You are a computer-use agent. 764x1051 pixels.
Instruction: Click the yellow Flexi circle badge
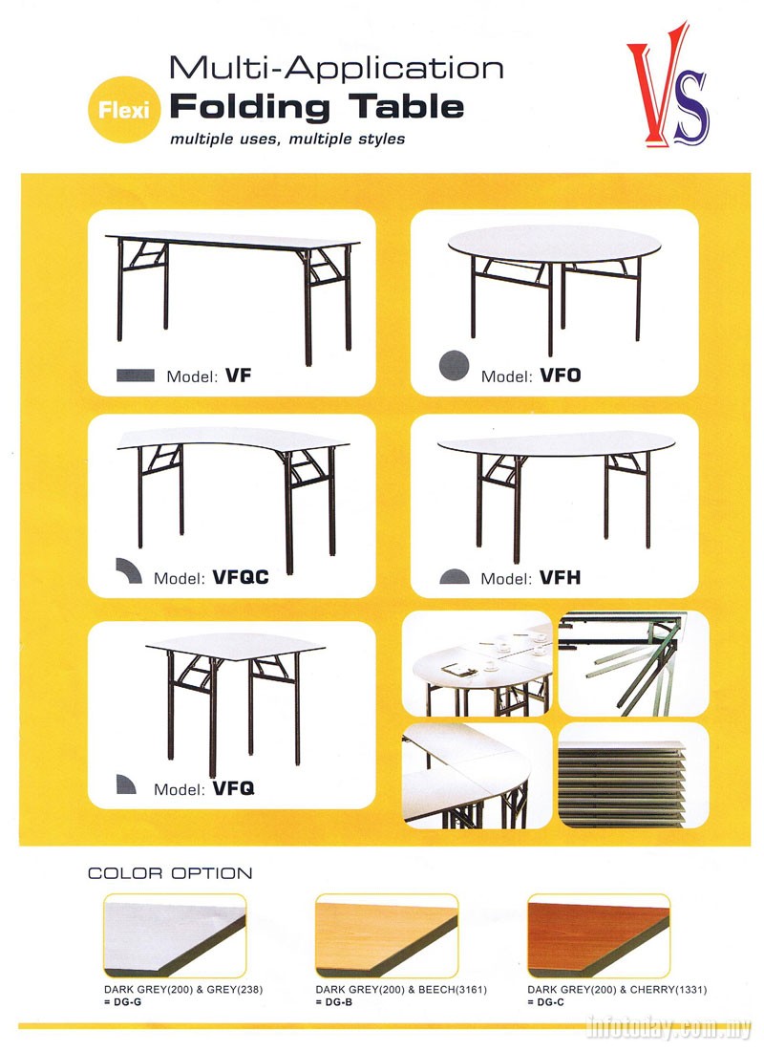tap(124, 109)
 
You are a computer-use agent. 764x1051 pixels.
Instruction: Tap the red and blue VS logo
tap(668, 84)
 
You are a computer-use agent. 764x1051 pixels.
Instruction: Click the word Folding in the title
tap(250, 107)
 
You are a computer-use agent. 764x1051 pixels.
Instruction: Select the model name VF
tap(239, 375)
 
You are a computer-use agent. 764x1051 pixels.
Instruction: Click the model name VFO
tap(561, 375)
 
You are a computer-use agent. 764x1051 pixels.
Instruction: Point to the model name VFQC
tap(240, 577)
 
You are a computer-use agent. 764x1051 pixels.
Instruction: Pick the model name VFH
tap(561, 577)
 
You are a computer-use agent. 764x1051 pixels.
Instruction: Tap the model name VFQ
tap(233, 788)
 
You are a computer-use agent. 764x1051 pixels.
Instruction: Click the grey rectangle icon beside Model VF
tap(136, 375)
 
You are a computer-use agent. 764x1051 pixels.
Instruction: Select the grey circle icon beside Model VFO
tap(454, 365)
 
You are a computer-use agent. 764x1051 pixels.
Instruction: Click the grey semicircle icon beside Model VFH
tap(455, 576)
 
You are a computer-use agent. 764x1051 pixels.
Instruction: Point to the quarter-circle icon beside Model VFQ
tap(125, 784)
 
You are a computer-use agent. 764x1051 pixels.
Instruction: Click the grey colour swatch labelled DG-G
tap(175, 935)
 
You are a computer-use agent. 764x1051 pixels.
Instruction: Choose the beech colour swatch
tap(387, 935)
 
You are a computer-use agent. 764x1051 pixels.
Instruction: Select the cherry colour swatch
tap(599, 935)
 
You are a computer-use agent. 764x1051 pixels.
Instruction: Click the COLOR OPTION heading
tap(170, 873)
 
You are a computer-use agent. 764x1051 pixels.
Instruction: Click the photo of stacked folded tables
tap(633, 775)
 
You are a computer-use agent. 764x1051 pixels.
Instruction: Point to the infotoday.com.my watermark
tap(668, 1027)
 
